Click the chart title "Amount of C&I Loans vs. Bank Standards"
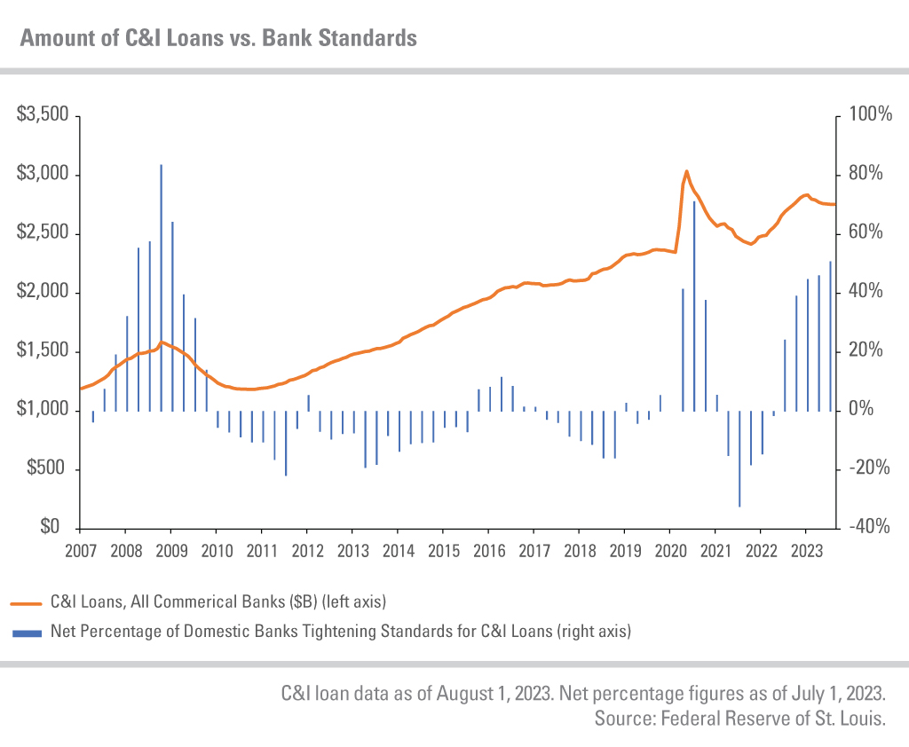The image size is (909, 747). coord(217,38)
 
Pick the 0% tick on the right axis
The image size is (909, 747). coord(858,411)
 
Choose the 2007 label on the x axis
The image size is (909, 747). coord(81,550)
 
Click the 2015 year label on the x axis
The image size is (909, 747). coord(443,550)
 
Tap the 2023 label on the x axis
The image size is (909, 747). coord(805,550)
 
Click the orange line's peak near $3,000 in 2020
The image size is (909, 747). coord(687,171)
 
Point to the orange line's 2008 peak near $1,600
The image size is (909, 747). coord(161,342)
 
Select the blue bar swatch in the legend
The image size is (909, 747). coord(27,633)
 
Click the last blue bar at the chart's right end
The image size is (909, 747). coord(830,337)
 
